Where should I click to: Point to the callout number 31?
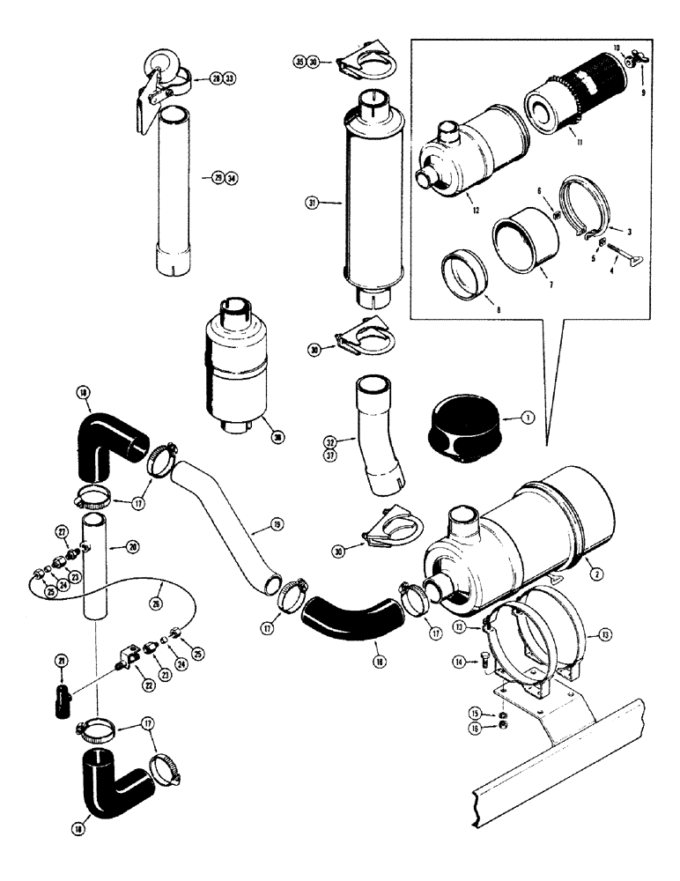pyautogui.click(x=313, y=203)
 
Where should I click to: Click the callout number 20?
pyautogui.click(x=133, y=547)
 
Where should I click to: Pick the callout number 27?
pyautogui.click(x=62, y=531)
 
